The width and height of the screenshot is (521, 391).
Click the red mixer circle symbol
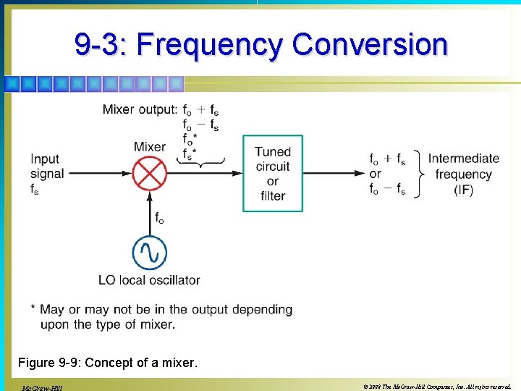click(x=149, y=173)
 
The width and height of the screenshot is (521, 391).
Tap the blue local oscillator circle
click(x=149, y=253)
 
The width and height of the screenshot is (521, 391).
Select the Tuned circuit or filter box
click(x=272, y=173)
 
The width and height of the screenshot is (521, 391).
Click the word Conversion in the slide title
click(x=370, y=45)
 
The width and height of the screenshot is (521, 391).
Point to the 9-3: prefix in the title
click(x=101, y=45)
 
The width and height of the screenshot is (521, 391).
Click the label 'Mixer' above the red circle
click(x=149, y=147)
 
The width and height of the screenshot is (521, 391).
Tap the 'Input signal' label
click(x=47, y=167)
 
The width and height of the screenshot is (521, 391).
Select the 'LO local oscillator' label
click(x=150, y=280)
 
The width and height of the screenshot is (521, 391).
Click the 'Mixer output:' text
click(x=139, y=109)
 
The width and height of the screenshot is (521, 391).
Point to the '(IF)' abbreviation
click(x=463, y=190)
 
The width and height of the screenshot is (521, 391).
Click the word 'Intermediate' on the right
click(x=463, y=159)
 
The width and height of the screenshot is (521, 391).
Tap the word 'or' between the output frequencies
click(x=375, y=175)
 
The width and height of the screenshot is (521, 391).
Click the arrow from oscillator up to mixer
click(x=149, y=210)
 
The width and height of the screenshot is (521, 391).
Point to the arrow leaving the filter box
click(x=333, y=173)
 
